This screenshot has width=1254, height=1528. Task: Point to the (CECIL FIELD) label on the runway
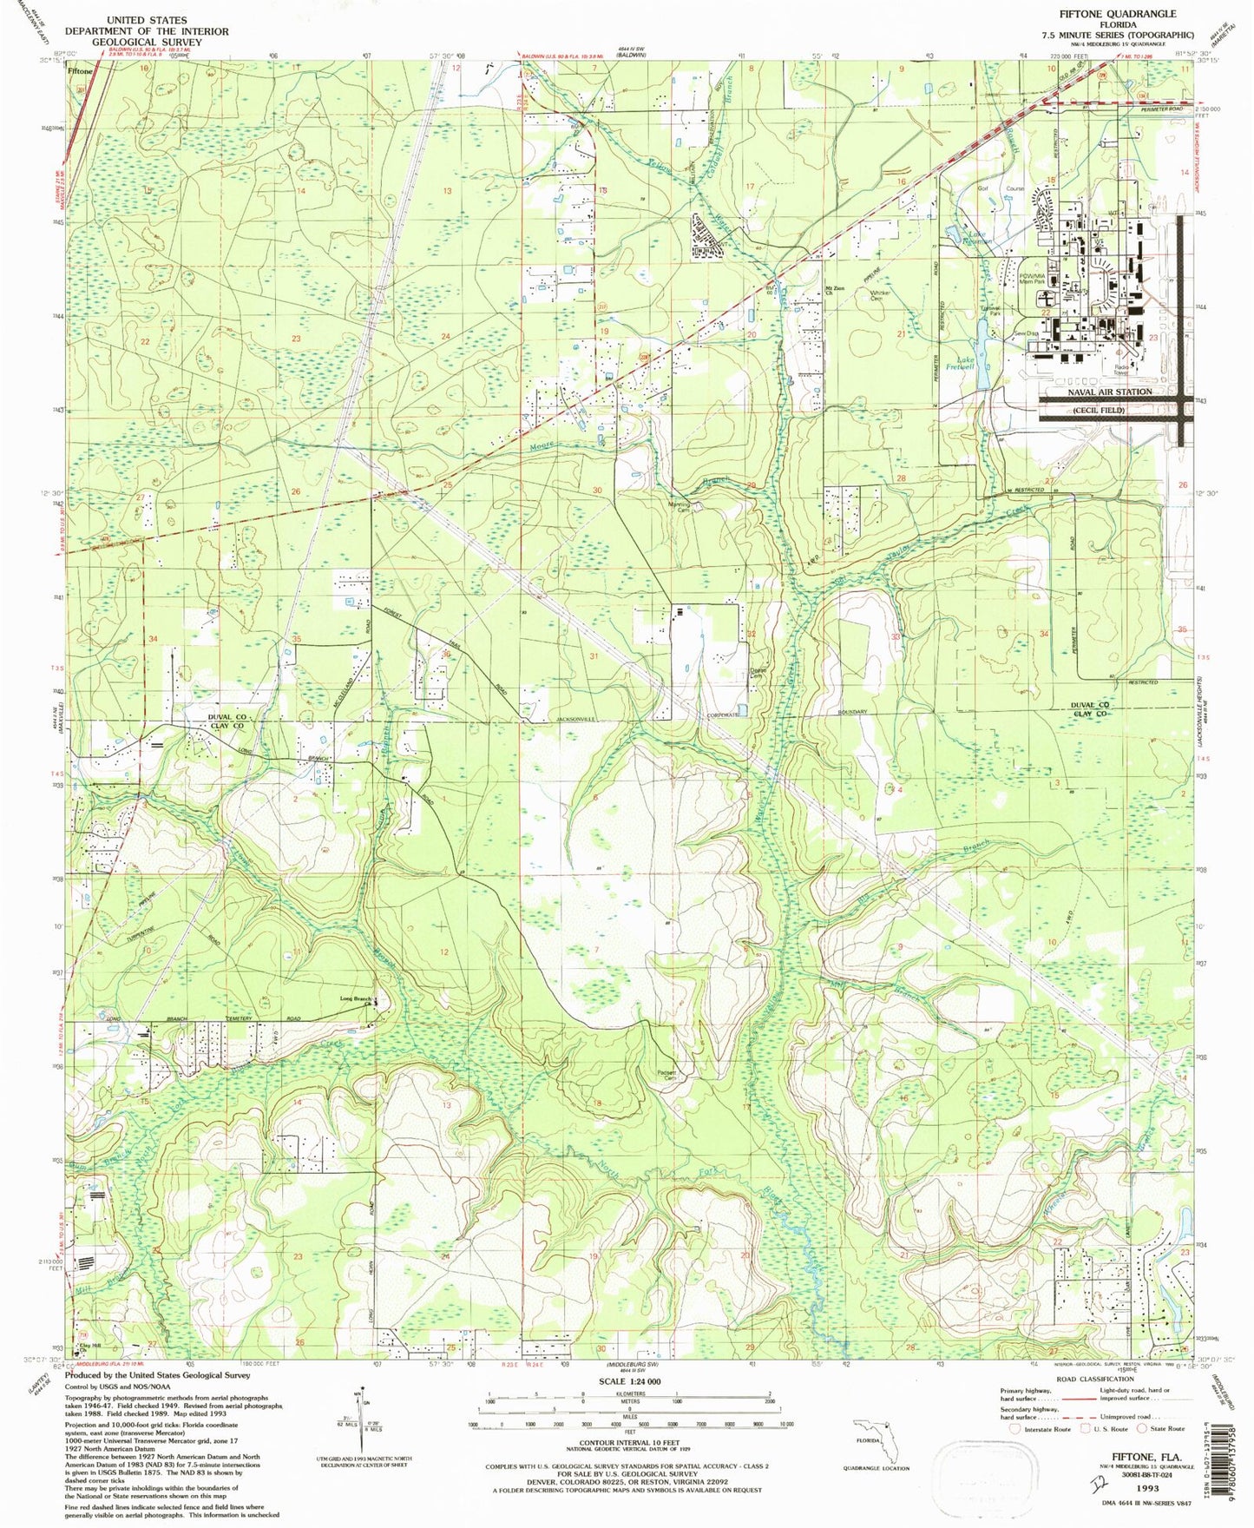1098,410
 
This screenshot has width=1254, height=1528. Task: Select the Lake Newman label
965,236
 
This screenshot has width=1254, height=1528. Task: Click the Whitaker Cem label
880,296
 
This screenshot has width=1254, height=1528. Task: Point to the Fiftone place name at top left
81,72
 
